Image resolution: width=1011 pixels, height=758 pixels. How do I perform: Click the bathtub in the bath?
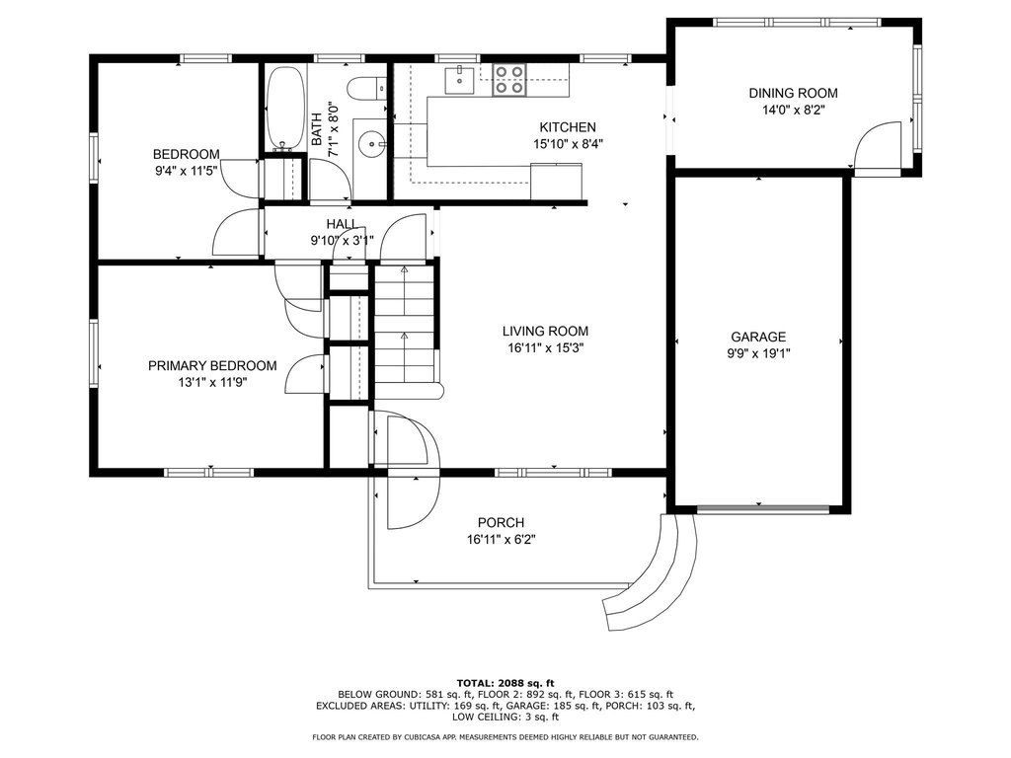pos(285,109)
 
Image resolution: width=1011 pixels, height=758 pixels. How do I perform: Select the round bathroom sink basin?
pos(371,141)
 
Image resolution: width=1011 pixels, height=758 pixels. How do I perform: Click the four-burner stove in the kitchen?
pos(509,80)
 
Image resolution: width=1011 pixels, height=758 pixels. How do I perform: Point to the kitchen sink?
pos(460,79)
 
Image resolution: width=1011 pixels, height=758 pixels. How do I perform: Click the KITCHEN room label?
pos(568,127)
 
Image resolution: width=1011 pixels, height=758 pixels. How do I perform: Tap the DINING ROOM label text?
pos(793,93)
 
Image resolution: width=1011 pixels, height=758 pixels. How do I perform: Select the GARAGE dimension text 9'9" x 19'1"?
pos(758,353)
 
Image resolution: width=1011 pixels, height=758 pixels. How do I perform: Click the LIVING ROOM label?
pos(545,332)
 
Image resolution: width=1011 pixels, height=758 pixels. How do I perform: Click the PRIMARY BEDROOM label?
pos(212,365)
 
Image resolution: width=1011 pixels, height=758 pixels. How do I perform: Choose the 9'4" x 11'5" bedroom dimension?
pos(187,171)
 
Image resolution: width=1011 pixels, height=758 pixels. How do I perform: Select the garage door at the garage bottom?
pos(763,509)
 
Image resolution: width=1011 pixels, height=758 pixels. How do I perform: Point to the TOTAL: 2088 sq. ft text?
pos(505,683)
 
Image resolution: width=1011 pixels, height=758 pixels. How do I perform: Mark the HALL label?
pos(342,224)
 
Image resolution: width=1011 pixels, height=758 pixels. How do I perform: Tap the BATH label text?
pos(317,129)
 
